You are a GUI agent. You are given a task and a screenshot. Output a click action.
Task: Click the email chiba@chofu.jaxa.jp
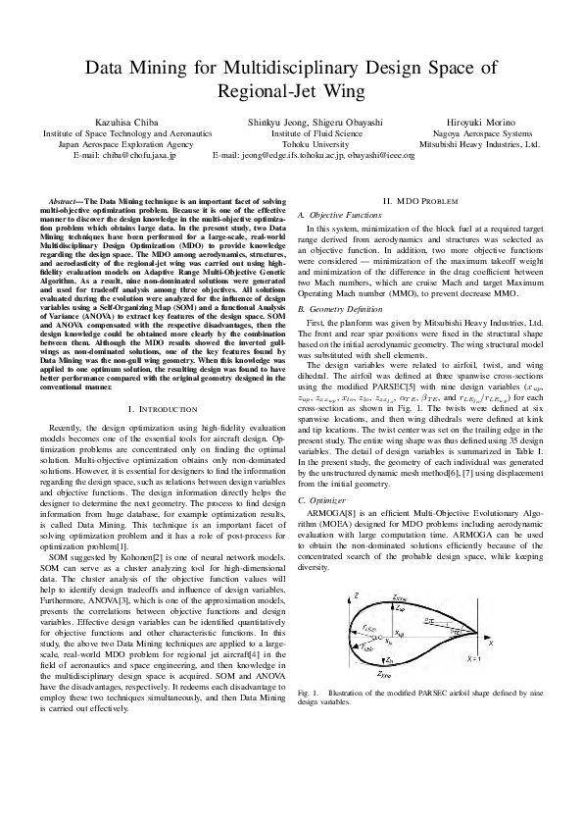point(125,155)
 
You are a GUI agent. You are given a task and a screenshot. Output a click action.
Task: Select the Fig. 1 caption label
point(308,695)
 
